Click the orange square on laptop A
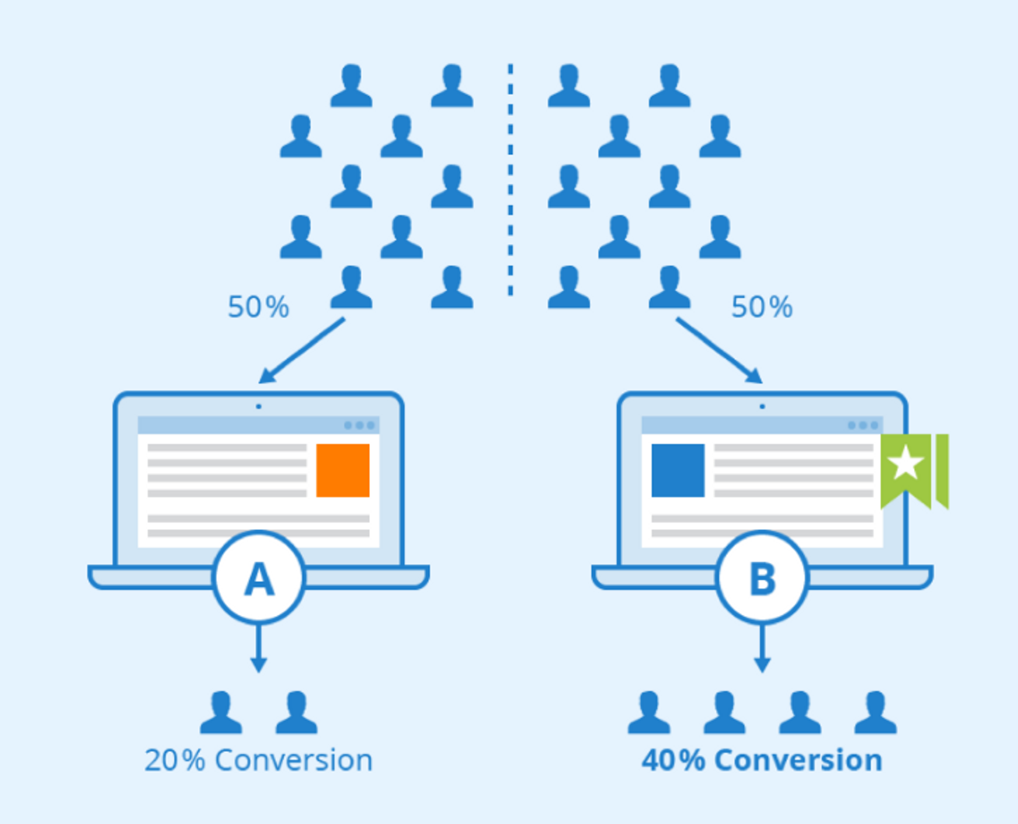(343, 470)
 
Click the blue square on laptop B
(678, 470)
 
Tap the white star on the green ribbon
(906, 463)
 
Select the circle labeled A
(259, 578)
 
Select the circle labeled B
(762, 578)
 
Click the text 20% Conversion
(259, 760)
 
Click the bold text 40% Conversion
(762, 760)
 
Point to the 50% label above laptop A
(259, 307)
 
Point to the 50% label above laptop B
(762, 307)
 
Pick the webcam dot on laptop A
(259, 407)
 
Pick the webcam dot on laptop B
(762, 407)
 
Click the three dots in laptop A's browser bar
(360, 425)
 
